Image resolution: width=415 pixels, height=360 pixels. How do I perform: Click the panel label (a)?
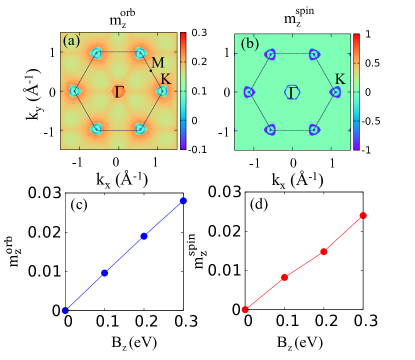[71, 42]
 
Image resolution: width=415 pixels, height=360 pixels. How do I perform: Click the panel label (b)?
[250, 43]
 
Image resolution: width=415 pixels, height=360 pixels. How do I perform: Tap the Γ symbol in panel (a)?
[119, 92]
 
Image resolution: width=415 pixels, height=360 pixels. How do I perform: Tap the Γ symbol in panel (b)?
[293, 92]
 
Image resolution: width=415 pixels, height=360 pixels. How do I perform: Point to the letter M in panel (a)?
[157, 63]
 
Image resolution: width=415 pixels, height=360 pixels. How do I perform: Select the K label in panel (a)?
[165, 78]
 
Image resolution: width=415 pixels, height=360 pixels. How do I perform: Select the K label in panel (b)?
[340, 78]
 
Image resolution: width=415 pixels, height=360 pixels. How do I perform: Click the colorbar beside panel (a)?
[183, 91]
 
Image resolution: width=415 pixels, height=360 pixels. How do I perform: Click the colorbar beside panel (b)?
[357, 91]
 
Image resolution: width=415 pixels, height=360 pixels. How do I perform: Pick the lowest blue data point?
[65, 310]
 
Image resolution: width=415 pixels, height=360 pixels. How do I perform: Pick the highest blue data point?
[184, 201]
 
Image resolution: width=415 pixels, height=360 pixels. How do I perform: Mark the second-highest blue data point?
[144, 236]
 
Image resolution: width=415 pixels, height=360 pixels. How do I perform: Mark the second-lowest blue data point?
[105, 273]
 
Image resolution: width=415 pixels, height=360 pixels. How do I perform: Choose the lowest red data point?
[245, 310]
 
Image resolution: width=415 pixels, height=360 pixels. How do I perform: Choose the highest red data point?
[363, 215]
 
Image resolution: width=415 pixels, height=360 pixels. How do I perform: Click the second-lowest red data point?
[285, 277]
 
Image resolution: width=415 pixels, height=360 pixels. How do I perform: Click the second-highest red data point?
[324, 252]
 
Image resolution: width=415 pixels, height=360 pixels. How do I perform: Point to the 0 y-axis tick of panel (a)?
[53, 91]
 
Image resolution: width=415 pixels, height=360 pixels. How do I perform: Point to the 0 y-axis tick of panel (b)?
[228, 91]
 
